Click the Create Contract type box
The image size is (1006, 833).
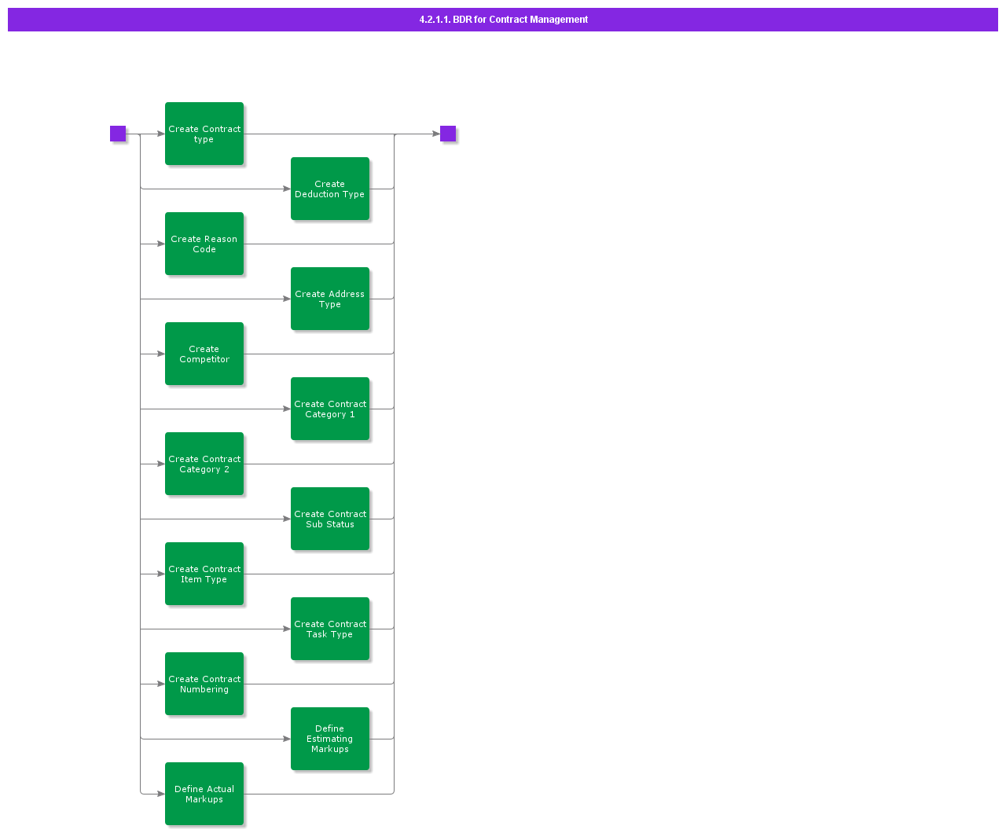point(204,134)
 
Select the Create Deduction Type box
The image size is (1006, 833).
point(329,189)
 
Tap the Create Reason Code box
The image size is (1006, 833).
point(204,244)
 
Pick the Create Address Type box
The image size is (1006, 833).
point(329,298)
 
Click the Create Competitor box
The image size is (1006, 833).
point(204,353)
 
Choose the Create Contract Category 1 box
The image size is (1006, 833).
point(329,408)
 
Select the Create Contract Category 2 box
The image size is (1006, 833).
point(204,463)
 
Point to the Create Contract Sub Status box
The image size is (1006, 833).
point(329,518)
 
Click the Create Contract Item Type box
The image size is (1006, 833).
point(204,573)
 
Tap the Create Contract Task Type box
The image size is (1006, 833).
point(329,628)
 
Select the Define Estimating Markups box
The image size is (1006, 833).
point(329,738)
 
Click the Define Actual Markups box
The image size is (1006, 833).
point(204,793)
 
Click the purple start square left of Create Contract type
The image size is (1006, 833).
point(118,134)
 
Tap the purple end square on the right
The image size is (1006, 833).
point(447,134)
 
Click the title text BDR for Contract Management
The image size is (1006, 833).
point(520,20)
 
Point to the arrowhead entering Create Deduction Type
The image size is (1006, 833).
point(287,189)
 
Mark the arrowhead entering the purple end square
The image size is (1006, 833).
point(435,134)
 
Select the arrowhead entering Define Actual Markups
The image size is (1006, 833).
point(161,793)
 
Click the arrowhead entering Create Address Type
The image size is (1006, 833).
point(287,298)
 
